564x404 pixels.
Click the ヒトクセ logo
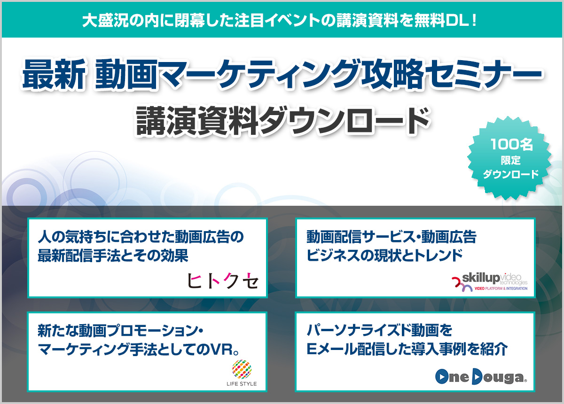point(223,280)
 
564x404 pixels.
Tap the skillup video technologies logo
point(489,282)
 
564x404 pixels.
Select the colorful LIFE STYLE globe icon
point(242,369)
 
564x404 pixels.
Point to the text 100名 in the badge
point(512,145)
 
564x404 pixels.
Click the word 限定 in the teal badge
point(511,160)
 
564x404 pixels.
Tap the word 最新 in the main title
point(54,75)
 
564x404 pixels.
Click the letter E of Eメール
point(312,349)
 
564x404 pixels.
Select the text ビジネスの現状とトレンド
point(384,255)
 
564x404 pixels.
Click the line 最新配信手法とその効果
point(113,256)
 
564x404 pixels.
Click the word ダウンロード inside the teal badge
point(511,174)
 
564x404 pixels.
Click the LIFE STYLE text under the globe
point(242,384)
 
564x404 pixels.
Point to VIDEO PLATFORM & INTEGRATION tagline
point(501,288)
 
